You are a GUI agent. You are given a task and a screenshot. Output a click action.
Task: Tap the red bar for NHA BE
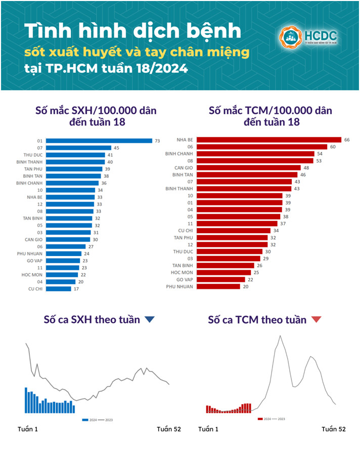tap(268, 139)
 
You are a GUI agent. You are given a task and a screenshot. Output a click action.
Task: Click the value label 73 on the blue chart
tap(157, 140)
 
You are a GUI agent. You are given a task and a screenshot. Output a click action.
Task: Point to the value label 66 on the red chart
tap(347, 139)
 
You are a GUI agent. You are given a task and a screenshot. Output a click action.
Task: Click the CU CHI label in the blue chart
tap(35, 289)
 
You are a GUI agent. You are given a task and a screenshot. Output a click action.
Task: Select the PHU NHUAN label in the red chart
tap(178, 286)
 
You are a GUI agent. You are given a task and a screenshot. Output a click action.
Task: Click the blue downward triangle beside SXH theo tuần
tap(149, 319)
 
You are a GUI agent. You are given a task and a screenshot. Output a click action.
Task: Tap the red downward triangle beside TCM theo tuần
tap(316, 320)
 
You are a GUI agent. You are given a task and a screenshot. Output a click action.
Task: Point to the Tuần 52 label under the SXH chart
tap(168, 429)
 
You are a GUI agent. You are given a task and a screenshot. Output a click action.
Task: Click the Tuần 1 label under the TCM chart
tap(208, 429)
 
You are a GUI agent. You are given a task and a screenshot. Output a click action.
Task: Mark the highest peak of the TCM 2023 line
tap(279, 336)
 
